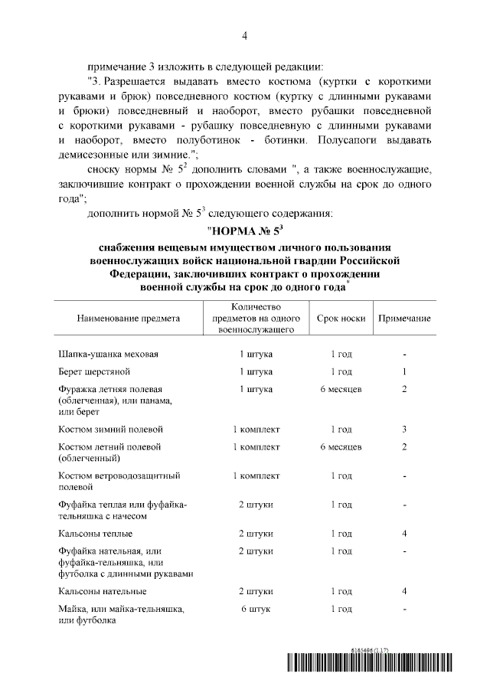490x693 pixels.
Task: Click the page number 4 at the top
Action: pos(244,35)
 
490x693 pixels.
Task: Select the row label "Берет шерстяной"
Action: pos(94,372)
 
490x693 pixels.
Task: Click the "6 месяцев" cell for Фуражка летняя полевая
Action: pos(341,390)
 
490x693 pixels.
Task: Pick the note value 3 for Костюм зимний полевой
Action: pos(403,430)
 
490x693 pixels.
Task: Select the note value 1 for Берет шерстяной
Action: pos(403,372)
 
